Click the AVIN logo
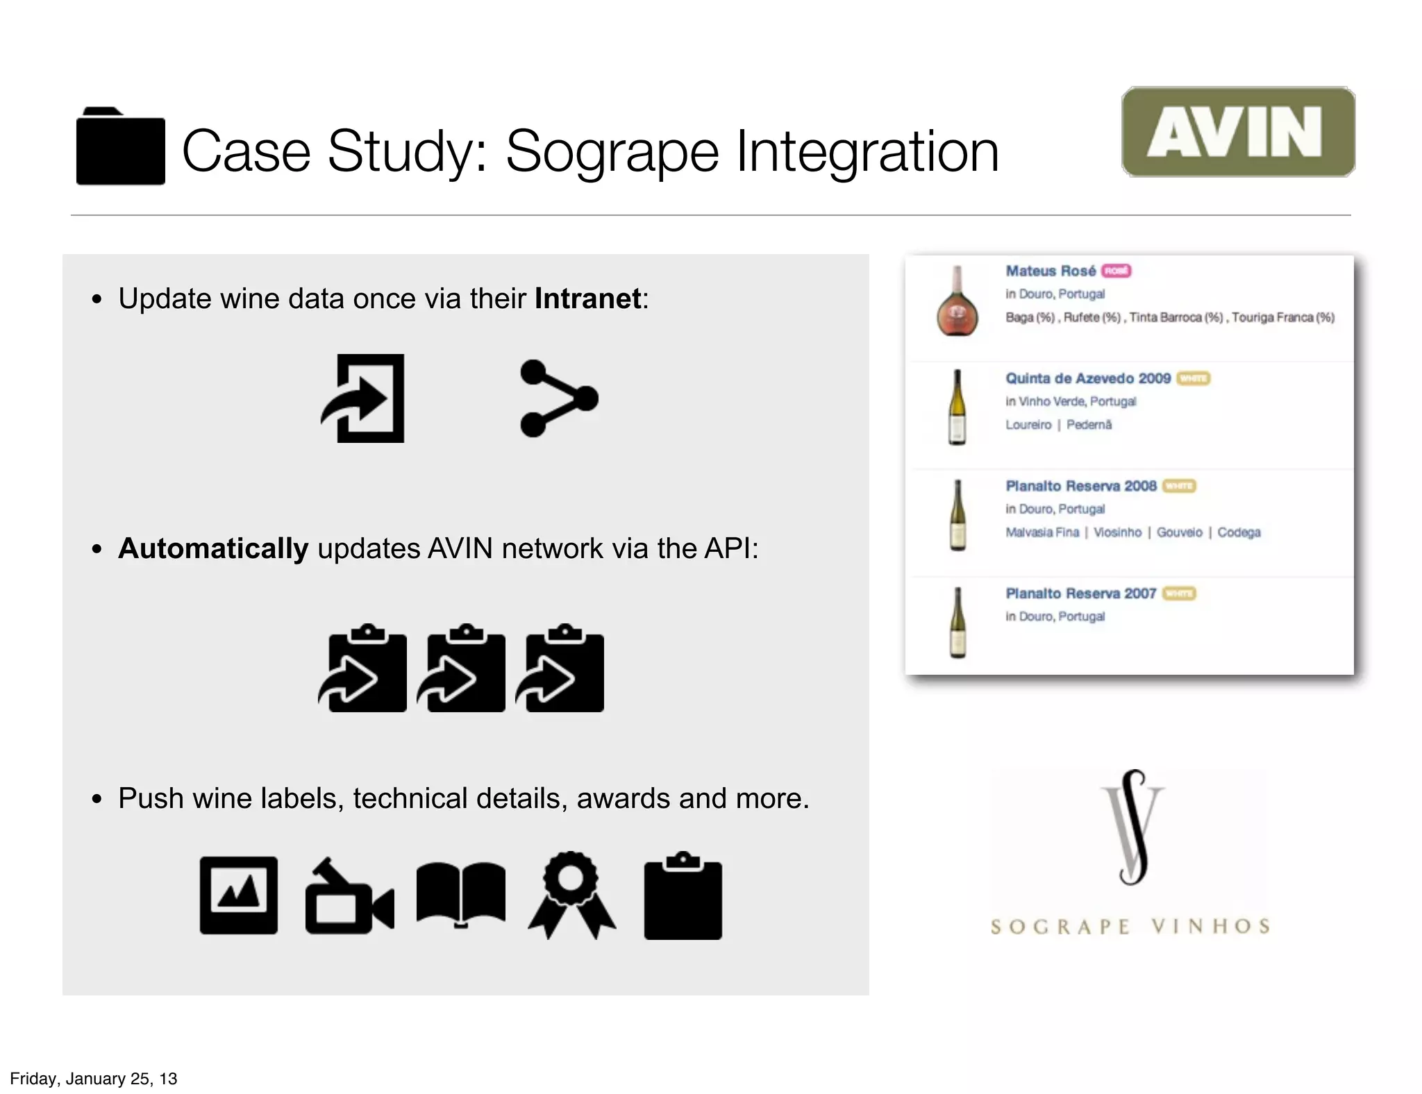[x=1237, y=132]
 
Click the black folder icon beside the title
[x=120, y=147]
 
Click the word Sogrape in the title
[x=612, y=151]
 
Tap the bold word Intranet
[x=587, y=298]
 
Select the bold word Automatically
[x=213, y=548]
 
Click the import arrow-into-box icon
[x=364, y=398]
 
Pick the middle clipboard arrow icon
[x=462, y=669]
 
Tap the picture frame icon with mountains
[x=238, y=895]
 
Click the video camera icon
[x=349, y=898]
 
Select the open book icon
[x=460, y=893]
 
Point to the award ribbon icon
[x=571, y=895]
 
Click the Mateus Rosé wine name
[x=1050, y=271]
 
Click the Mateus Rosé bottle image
[x=957, y=303]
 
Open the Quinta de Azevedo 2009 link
[x=1087, y=378]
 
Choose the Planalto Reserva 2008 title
[x=1080, y=486]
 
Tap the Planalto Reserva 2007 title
[x=1080, y=594]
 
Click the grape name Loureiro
[x=1028, y=425]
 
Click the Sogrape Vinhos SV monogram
[x=1132, y=826]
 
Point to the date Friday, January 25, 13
[x=94, y=1079]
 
